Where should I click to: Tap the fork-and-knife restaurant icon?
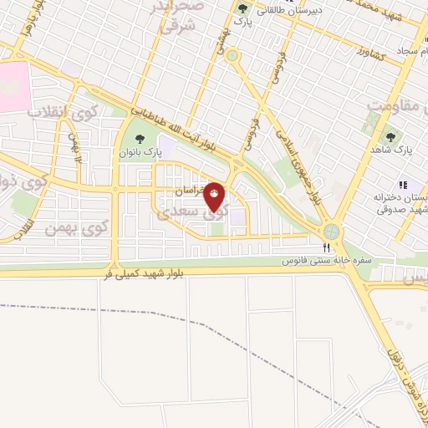[326, 247]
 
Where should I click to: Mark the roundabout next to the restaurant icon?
[333, 228]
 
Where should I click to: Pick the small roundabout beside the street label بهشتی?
[232, 56]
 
